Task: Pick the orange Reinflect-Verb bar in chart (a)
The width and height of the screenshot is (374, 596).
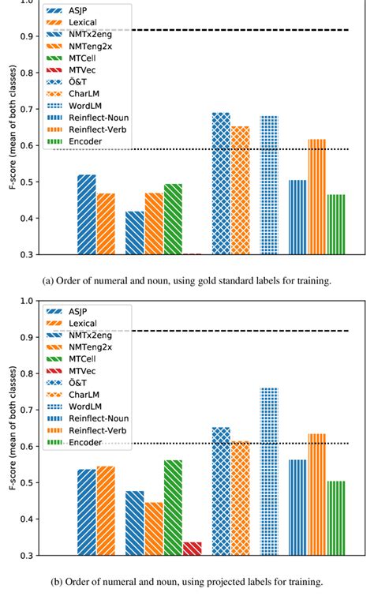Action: pos(316,197)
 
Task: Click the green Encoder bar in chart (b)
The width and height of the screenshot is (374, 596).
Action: pos(336,518)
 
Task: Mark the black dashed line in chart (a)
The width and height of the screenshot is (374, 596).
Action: pos(237,30)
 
